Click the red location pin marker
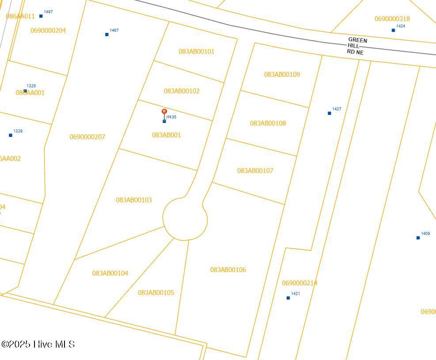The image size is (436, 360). [164, 112]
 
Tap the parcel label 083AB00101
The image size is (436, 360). [196, 52]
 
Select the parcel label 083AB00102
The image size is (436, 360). [182, 91]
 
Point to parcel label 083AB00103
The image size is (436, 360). [134, 200]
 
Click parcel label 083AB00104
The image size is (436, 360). [110, 273]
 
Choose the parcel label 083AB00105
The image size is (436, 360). [156, 292]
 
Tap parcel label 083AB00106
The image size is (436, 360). [228, 270]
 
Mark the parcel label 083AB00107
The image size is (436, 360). [255, 171]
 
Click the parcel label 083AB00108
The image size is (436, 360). [268, 123]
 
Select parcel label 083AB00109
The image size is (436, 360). [282, 75]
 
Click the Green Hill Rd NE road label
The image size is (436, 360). [356, 46]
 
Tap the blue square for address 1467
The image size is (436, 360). [107, 34]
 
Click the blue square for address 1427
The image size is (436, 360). [330, 114]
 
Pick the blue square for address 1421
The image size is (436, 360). [288, 298]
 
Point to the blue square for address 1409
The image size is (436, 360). [418, 238]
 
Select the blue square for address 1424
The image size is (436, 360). [394, 30]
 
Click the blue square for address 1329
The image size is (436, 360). [11, 136]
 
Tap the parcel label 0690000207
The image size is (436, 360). [87, 137]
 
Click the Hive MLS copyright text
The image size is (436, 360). [38, 344]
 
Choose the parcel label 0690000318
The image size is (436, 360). [392, 19]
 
